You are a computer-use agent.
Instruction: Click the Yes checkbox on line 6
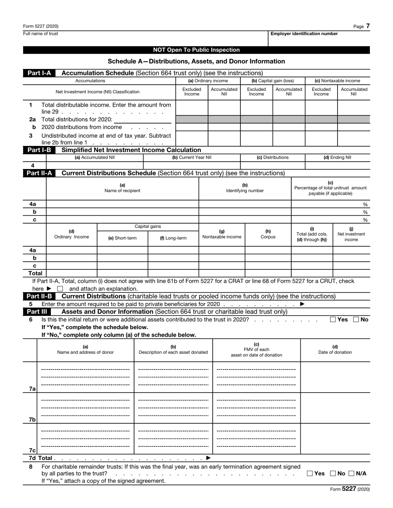(x=333, y=319)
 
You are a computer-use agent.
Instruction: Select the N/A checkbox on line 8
(x=351, y=473)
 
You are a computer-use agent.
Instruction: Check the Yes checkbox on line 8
(x=310, y=473)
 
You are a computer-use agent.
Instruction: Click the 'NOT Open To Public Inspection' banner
(x=196, y=50)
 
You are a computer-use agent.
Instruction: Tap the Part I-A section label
(x=39, y=73)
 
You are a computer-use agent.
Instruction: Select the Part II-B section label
(x=39, y=296)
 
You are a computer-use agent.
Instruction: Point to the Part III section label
(x=37, y=311)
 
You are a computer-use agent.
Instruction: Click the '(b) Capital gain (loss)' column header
(x=273, y=81)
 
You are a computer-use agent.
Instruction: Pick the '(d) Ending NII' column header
(x=337, y=157)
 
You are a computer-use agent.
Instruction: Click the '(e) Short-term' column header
(x=122, y=238)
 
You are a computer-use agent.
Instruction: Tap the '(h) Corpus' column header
(x=268, y=234)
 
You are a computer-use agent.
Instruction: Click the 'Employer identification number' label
(x=304, y=34)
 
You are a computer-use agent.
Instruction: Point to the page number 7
(x=368, y=26)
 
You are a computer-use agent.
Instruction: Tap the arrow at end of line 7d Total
(x=208, y=458)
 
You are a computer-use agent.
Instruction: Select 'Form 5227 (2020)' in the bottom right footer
(x=347, y=489)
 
